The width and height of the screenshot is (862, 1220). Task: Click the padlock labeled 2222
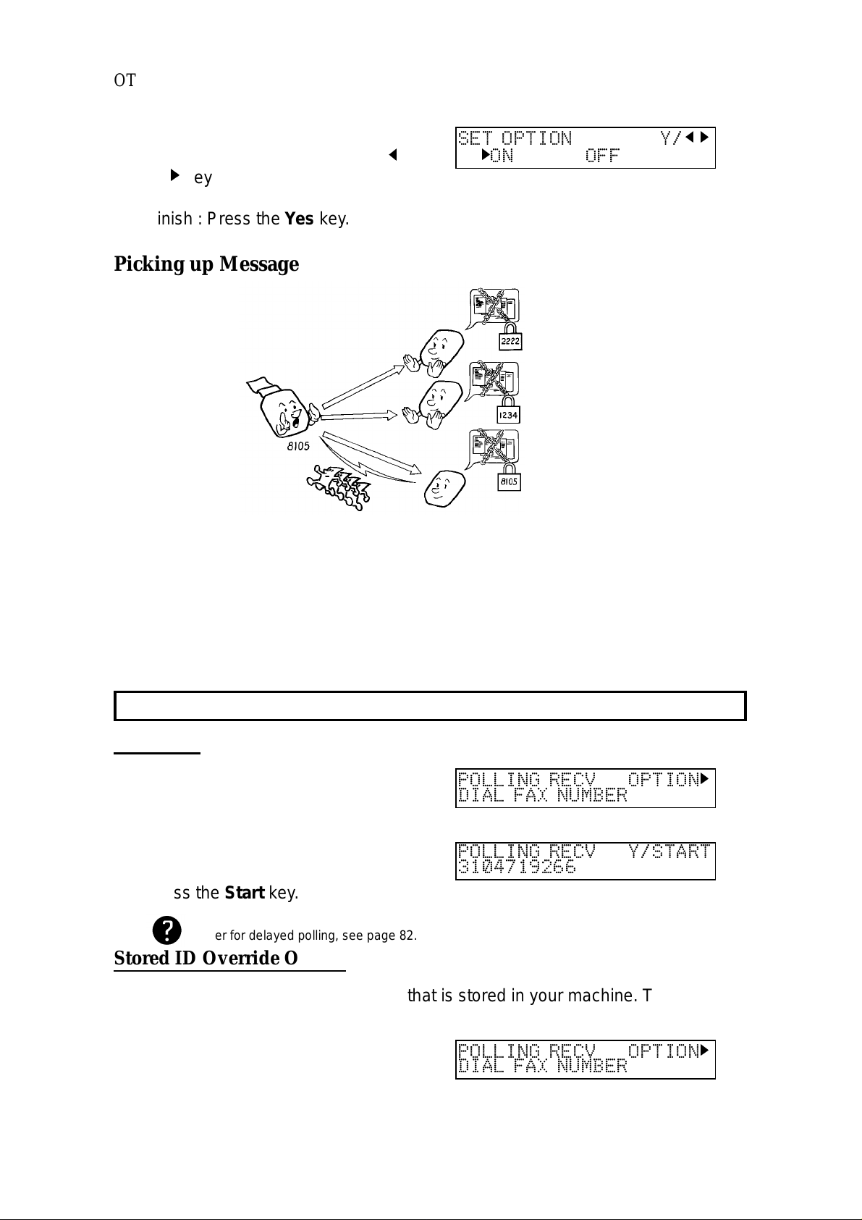(510, 338)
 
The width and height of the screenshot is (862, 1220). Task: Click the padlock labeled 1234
(509, 411)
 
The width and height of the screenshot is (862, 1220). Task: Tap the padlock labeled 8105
(510, 479)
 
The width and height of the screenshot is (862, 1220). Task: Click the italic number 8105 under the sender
(295, 447)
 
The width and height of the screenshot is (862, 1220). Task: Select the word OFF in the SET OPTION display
(602, 156)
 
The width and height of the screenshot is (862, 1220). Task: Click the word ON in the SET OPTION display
(502, 156)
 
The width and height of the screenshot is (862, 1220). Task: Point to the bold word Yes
(299, 219)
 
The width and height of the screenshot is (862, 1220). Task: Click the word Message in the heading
(259, 264)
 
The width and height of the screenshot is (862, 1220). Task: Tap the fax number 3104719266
(517, 867)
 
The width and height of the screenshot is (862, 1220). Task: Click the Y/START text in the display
(669, 851)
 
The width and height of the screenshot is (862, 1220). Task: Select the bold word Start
(245, 893)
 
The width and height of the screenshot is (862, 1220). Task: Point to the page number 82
(407, 935)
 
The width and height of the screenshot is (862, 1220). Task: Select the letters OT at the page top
(124, 80)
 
